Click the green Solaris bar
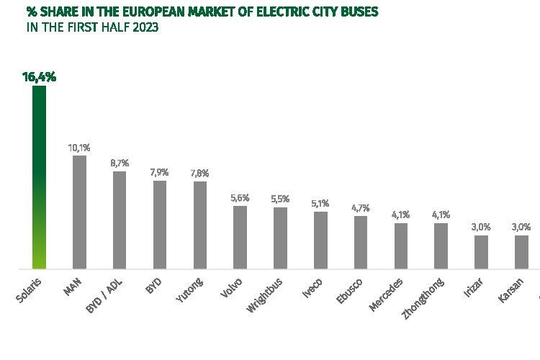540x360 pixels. tap(39, 176)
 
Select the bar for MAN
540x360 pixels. tap(79, 212)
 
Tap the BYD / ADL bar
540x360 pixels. tap(120, 220)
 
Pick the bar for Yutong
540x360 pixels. tap(200, 225)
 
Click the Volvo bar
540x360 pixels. tap(240, 237)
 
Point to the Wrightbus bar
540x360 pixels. tap(281, 238)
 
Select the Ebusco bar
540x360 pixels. tap(361, 242)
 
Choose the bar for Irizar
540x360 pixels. tap(482, 251)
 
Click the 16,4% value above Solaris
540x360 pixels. tap(40, 76)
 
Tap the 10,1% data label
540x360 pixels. tap(79, 148)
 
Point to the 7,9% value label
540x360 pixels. tap(160, 172)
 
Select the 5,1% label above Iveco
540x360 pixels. tap(320, 203)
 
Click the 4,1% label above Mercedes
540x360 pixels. tap(401, 215)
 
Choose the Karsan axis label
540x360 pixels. tap(512, 287)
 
